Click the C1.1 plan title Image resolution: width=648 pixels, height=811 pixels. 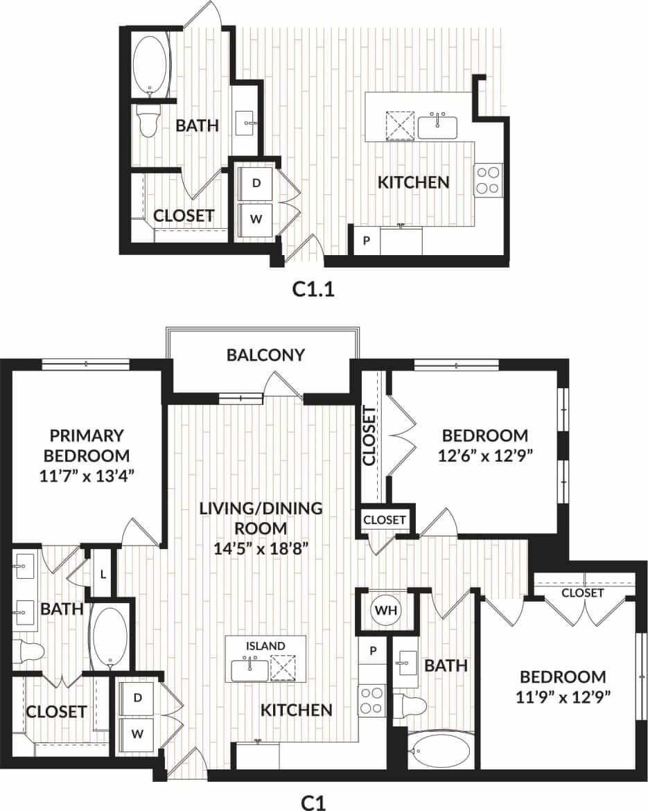(313, 289)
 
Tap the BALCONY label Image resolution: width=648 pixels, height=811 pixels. (265, 355)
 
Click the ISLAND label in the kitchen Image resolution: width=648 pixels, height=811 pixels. (266, 645)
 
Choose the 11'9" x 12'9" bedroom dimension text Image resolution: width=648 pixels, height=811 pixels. (563, 697)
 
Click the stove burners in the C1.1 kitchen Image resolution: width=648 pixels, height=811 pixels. (487, 180)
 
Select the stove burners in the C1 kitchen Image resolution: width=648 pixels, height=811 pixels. (371, 699)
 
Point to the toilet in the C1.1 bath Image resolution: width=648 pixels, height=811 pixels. (148, 121)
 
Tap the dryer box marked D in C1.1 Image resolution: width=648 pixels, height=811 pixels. (256, 184)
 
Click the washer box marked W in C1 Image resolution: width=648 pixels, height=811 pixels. (138, 733)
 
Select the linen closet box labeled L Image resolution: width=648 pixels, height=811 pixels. (103, 574)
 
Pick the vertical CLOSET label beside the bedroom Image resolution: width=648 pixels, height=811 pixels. (369, 436)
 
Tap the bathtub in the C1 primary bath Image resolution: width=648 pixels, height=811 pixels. (110, 636)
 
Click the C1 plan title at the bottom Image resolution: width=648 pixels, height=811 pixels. (313, 801)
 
